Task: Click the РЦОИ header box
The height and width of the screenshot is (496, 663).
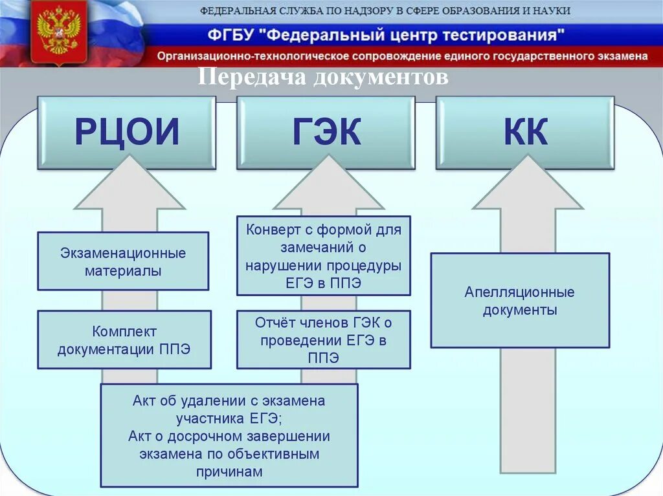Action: point(126,133)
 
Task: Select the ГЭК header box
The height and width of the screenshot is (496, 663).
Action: point(326,133)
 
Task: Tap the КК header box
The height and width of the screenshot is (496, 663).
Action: point(525,133)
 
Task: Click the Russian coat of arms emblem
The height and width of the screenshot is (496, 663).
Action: point(59,32)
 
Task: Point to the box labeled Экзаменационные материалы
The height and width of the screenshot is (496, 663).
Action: point(123,261)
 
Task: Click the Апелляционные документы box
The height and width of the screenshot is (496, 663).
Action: point(520,301)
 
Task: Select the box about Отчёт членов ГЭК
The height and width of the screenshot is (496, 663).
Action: point(324,340)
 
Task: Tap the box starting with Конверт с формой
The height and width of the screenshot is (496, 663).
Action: point(324,256)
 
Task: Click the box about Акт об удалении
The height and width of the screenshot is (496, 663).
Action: point(229,435)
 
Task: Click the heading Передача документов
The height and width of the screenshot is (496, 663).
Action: point(322,77)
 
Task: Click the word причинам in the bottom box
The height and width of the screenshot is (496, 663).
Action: point(229,471)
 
